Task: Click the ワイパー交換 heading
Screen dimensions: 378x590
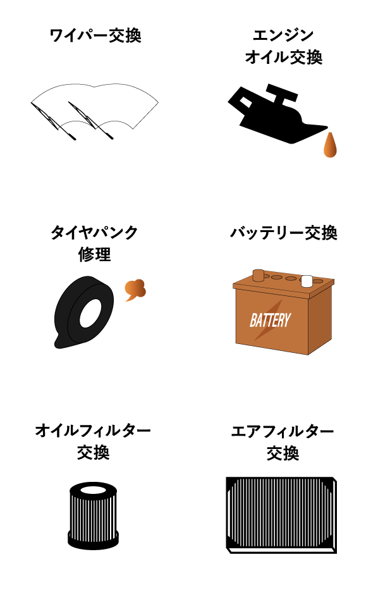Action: [95, 36]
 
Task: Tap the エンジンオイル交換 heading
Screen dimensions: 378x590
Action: [284, 47]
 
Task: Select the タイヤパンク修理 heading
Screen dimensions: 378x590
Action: [94, 243]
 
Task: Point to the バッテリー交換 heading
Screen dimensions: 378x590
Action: [284, 233]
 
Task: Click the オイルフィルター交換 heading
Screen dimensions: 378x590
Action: [94, 441]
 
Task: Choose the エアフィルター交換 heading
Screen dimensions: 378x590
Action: [283, 442]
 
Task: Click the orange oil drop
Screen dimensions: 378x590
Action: [330, 145]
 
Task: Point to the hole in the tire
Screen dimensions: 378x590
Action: [90, 313]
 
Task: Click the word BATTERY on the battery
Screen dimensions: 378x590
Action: [271, 321]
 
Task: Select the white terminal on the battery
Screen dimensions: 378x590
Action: [307, 281]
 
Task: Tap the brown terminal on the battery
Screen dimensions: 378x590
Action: [259, 276]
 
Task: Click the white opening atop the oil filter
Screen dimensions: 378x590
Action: [93, 490]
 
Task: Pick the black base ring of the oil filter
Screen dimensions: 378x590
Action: [93, 539]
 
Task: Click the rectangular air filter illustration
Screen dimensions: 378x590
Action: [281, 515]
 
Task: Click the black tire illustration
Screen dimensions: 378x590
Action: [83, 312]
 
